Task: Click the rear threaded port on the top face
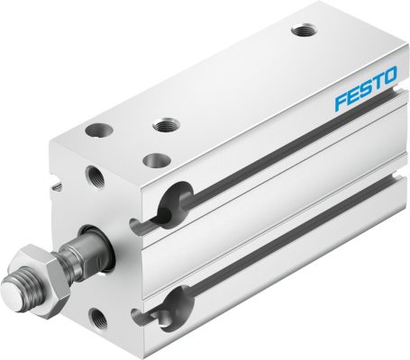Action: click(302, 31)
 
